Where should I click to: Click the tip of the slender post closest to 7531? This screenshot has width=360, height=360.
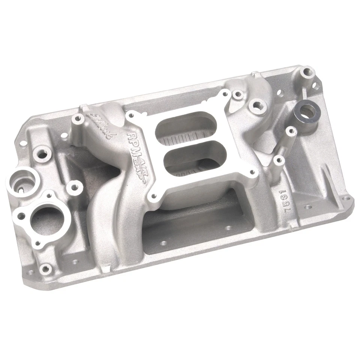click(278, 160)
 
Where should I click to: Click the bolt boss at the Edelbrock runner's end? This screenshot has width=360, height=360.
click(78, 119)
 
